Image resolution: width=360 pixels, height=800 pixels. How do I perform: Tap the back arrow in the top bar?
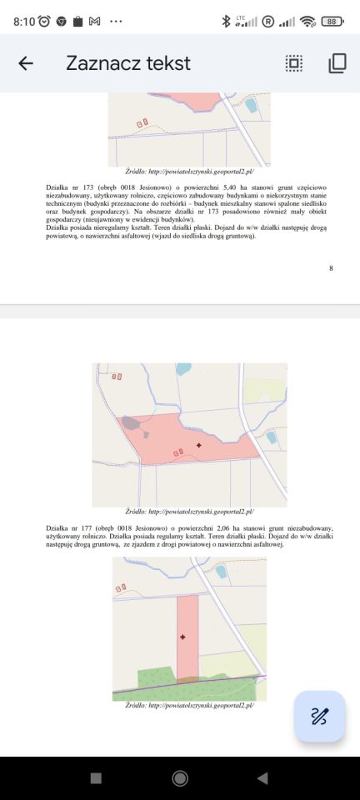tap(26, 63)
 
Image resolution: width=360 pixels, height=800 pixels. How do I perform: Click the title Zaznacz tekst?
tap(128, 63)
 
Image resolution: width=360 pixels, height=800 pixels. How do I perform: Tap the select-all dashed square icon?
tap(293, 63)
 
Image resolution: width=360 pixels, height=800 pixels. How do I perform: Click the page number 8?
tap(331, 267)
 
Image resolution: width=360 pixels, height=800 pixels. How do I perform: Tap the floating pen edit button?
tap(319, 716)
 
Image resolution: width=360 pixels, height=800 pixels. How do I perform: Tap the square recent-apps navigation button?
tap(96, 778)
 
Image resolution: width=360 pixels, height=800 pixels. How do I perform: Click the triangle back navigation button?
tap(262, 778)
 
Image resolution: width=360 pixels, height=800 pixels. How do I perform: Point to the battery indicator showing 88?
tap(332, 21)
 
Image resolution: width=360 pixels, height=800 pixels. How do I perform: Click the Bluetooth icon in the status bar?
tap(225, 21)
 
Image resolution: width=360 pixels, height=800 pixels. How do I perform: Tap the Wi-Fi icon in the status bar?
tap(307, 21)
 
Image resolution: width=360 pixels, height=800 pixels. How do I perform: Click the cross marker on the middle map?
tap(198, 446)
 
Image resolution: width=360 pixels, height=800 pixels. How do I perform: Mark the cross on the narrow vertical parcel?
tap(182, 637)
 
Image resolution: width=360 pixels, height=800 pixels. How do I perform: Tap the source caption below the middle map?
tap(189, 512)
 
